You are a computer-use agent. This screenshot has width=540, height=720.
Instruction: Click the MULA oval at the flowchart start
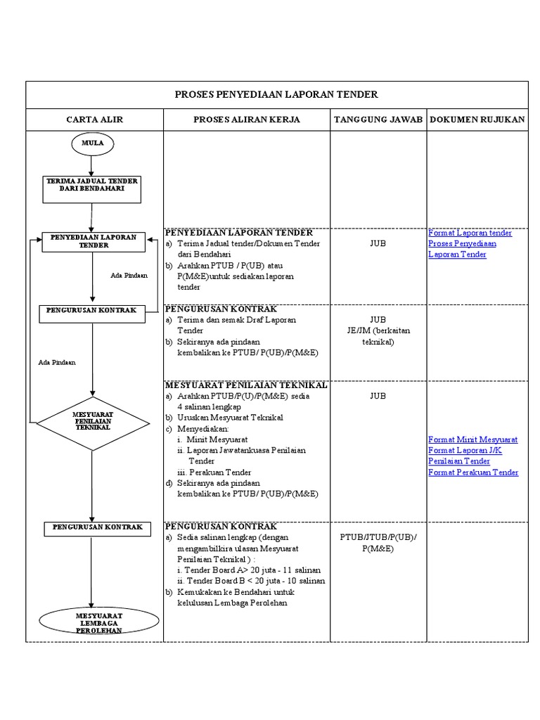point(92,143)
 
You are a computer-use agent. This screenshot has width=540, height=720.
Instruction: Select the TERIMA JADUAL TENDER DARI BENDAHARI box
point(92,185)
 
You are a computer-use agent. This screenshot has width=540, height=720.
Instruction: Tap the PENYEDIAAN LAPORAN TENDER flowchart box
point(94,241)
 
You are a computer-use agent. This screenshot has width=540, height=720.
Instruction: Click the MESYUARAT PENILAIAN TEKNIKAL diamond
point(93,422)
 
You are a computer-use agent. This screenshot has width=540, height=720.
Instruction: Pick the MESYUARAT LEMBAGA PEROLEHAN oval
point(99,622)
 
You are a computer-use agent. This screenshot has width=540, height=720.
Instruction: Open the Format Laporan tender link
point(470,233)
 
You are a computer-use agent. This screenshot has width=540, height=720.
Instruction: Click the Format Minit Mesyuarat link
point(473,439)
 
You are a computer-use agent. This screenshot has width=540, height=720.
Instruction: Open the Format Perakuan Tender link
point(473,472)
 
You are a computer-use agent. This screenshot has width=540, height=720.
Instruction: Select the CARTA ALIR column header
point(95,120)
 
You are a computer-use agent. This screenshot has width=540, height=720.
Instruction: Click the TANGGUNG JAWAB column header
point(378,120)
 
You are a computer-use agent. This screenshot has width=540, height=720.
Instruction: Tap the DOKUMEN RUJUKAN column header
point(477,120)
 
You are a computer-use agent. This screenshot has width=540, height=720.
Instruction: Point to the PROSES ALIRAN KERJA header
point(247,120)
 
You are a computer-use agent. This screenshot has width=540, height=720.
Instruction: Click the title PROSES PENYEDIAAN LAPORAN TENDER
point(276,94)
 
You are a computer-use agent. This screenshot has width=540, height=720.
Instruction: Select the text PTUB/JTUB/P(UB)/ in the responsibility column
point(378,537)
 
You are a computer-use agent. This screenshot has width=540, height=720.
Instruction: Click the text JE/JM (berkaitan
point(378,331)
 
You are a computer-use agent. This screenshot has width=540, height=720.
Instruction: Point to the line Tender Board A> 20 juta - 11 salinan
point(250,570)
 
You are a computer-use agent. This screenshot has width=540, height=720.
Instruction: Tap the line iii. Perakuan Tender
point(214,472)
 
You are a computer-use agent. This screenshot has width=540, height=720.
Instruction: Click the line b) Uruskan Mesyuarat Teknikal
point(224,418)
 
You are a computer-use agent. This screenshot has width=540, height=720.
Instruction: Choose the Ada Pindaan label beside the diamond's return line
point(57,363)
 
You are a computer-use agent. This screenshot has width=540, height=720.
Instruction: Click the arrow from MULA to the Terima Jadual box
point(92,165)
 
